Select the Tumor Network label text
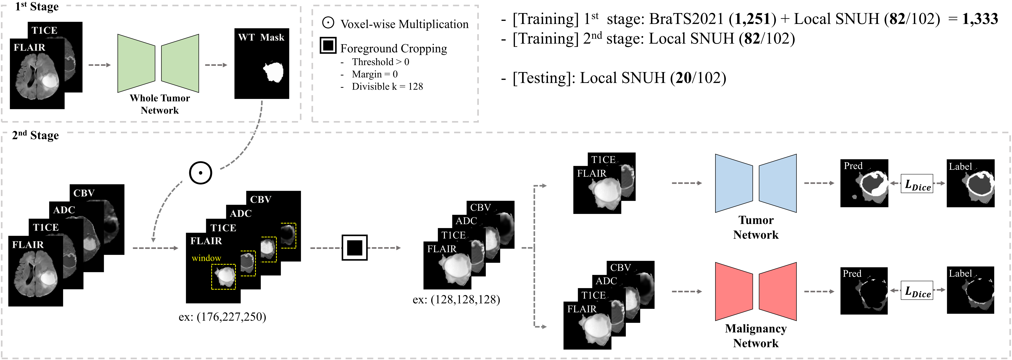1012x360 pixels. [755, 227]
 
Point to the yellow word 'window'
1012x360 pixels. [206, 258]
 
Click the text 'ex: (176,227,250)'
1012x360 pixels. [222, 317]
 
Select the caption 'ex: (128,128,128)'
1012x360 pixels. [456, 300]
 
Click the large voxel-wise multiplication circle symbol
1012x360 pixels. [200, 173]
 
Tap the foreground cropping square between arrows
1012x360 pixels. [354, 248]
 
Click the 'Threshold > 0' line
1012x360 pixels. [380, 62]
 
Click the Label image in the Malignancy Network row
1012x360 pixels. [970, 290]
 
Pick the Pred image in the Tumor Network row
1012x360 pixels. [864, 183]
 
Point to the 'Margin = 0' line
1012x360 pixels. [374, 74]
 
